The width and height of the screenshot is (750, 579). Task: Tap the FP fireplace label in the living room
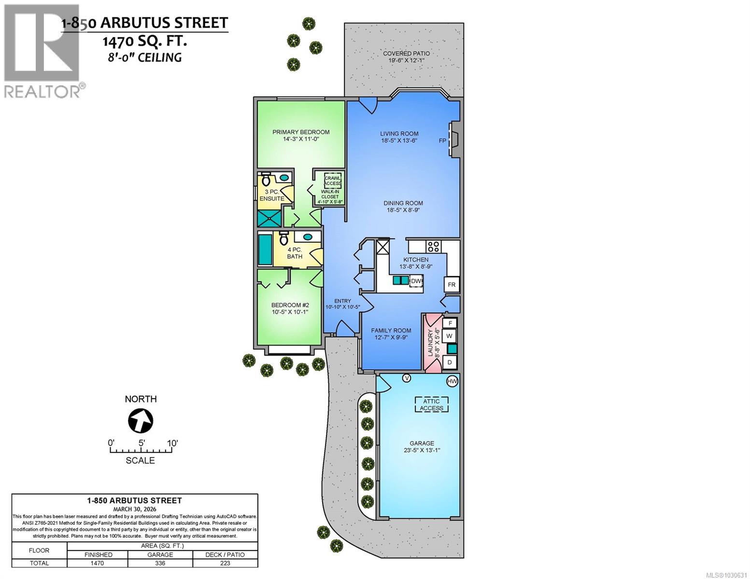442,140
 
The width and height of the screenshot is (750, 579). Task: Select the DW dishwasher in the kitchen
416,281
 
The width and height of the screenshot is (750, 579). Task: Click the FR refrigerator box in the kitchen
452,285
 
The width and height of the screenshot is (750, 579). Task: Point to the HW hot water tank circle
452,382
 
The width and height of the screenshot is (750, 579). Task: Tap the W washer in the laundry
449,335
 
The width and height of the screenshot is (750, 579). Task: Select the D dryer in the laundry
449,362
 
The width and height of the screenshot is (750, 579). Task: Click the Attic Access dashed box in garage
431,405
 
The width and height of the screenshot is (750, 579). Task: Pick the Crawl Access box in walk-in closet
332,180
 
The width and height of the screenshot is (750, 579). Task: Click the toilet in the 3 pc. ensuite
266,180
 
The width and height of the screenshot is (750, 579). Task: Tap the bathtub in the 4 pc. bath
265,249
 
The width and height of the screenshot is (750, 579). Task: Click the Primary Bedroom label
301,132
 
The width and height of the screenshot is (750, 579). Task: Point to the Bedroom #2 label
290,305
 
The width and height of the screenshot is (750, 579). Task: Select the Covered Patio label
406,54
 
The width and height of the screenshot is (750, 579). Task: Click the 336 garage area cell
160,563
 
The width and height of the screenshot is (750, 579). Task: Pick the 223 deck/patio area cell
225,563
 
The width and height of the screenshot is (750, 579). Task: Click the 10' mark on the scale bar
172,443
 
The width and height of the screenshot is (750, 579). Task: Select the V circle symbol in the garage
407,378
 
